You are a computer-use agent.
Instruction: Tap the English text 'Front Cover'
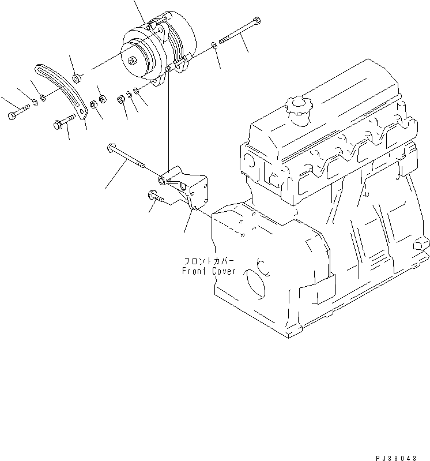(208, 271)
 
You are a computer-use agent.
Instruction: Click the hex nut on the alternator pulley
(134, 59)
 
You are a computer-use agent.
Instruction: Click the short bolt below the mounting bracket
(156, 198)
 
